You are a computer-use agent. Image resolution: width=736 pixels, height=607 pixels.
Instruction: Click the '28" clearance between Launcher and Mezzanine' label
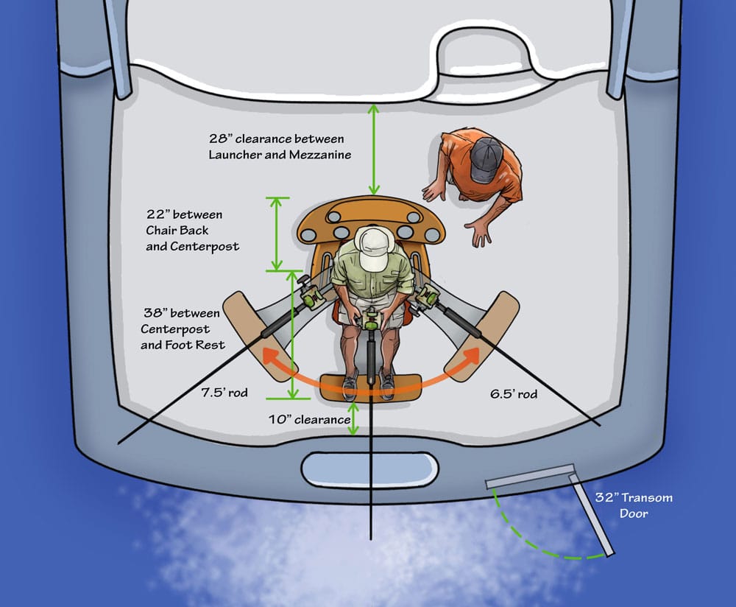click(280, 147)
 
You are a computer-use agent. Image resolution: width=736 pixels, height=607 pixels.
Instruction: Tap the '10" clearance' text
click(309, 420)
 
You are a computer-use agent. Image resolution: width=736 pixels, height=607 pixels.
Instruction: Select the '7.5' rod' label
click(224, 393)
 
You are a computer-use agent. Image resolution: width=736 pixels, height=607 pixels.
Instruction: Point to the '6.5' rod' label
click(514, 393)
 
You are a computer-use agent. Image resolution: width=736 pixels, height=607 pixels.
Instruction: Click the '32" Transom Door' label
click(634, 505)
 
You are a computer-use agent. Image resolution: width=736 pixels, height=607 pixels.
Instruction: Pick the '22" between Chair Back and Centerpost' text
click(192, 231)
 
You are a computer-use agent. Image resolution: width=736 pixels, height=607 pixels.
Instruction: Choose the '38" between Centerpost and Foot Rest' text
click(183, 329)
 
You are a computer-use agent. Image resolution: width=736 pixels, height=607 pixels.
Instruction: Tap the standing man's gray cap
click(486, 160)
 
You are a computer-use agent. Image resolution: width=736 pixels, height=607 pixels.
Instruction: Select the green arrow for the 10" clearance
click(353, 418)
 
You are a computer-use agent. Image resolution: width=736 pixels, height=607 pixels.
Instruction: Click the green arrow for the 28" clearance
click(374, 150)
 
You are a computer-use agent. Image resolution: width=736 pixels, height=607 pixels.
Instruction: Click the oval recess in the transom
click(369, 469)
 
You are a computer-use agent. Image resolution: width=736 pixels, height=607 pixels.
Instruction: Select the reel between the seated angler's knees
click(372, 320)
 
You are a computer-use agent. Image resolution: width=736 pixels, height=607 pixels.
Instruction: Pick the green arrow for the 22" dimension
click(277, 234)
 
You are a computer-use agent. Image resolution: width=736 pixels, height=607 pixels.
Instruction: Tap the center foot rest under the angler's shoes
click(371, 387)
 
